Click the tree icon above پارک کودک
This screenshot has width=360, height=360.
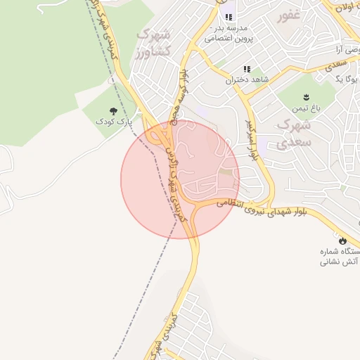(x=113, y=111)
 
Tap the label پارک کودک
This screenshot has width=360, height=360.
(x=114, y=122)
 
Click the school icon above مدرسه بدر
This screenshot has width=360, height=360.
(x=228, y=17)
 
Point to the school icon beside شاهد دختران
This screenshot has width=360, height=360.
(x=247, y=69)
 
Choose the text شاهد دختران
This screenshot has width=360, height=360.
(x=247, y=80)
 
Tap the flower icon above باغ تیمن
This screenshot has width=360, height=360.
(x=306, y=96)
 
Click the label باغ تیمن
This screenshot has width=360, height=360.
(x=307, y=108)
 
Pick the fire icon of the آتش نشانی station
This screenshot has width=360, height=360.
(x=342, y=240)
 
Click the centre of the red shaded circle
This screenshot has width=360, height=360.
(x=180, y=179)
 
